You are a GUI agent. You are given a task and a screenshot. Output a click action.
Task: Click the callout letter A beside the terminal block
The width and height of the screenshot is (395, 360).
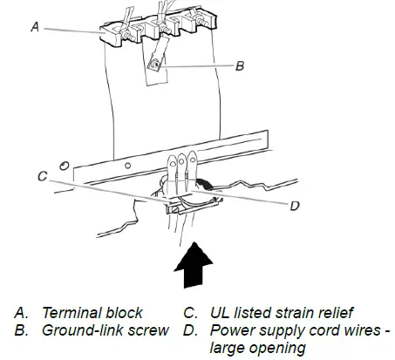(x=35, y=27)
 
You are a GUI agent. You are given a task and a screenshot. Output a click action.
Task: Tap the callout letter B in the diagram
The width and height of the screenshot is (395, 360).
(x=240, y=66)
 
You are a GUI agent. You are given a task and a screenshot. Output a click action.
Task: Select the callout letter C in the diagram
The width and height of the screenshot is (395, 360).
(x=43, y=176)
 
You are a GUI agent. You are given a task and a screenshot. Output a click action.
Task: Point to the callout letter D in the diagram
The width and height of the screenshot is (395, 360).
(x=295, y=206)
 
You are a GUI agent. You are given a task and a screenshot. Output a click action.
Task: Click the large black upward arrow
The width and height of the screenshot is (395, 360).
(x=194, y=265)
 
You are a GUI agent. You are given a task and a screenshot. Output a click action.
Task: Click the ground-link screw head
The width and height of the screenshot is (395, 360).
(x=155, y=65)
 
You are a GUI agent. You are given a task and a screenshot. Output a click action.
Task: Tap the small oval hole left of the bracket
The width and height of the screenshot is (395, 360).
(x=65, y=166)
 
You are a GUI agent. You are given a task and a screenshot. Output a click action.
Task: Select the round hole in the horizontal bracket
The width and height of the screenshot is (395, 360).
(x=127, y=166)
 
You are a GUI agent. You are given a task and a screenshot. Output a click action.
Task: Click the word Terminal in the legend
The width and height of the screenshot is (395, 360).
(x=72, y=313)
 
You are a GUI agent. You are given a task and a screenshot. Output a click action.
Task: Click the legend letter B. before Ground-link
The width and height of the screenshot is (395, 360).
(x=21, y=330)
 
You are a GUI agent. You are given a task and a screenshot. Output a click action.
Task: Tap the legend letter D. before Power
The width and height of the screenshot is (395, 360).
(x=191, y=330)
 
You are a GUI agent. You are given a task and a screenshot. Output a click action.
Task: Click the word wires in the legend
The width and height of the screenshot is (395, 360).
(x=364, y=330)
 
